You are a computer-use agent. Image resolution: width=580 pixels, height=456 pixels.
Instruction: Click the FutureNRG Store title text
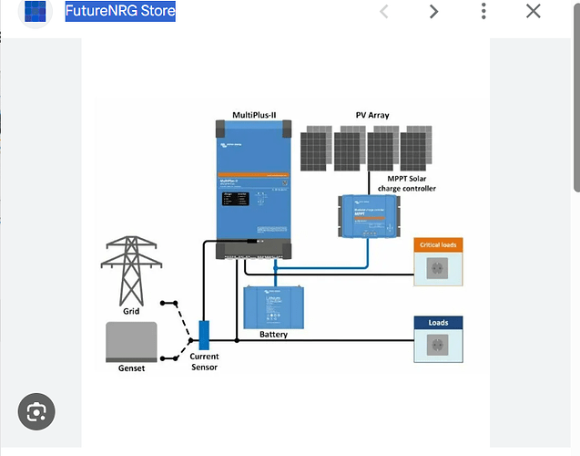tap(120, 12)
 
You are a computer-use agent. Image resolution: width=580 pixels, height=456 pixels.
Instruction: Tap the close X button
tap(533, 12)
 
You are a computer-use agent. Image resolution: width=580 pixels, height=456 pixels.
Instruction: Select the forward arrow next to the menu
tap(433, 12)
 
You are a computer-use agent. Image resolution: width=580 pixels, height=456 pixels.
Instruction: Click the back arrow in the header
tap(384, 12)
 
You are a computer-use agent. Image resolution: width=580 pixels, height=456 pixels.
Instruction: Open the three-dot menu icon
tap(483, 12)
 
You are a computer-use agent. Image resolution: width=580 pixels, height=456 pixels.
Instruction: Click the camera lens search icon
tap(36, 412)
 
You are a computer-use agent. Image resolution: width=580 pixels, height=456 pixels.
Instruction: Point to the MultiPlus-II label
tap(254, 115)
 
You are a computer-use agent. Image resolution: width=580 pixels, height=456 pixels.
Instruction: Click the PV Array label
tap(372, 115)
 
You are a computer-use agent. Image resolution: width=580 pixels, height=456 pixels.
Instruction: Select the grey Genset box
tap(131, 340)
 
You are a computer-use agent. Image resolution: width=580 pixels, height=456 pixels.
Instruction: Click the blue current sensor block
tap(204, 334)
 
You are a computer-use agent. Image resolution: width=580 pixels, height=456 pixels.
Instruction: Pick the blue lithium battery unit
tap(274, 306)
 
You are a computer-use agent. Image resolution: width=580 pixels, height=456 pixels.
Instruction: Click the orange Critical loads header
tap(438, 244)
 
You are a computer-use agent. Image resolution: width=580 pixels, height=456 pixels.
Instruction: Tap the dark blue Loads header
tap(439, 322)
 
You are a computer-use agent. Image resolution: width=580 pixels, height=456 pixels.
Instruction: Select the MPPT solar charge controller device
tap(368, 216)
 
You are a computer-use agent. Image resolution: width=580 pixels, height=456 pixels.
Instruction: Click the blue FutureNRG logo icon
tap(36, 12)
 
